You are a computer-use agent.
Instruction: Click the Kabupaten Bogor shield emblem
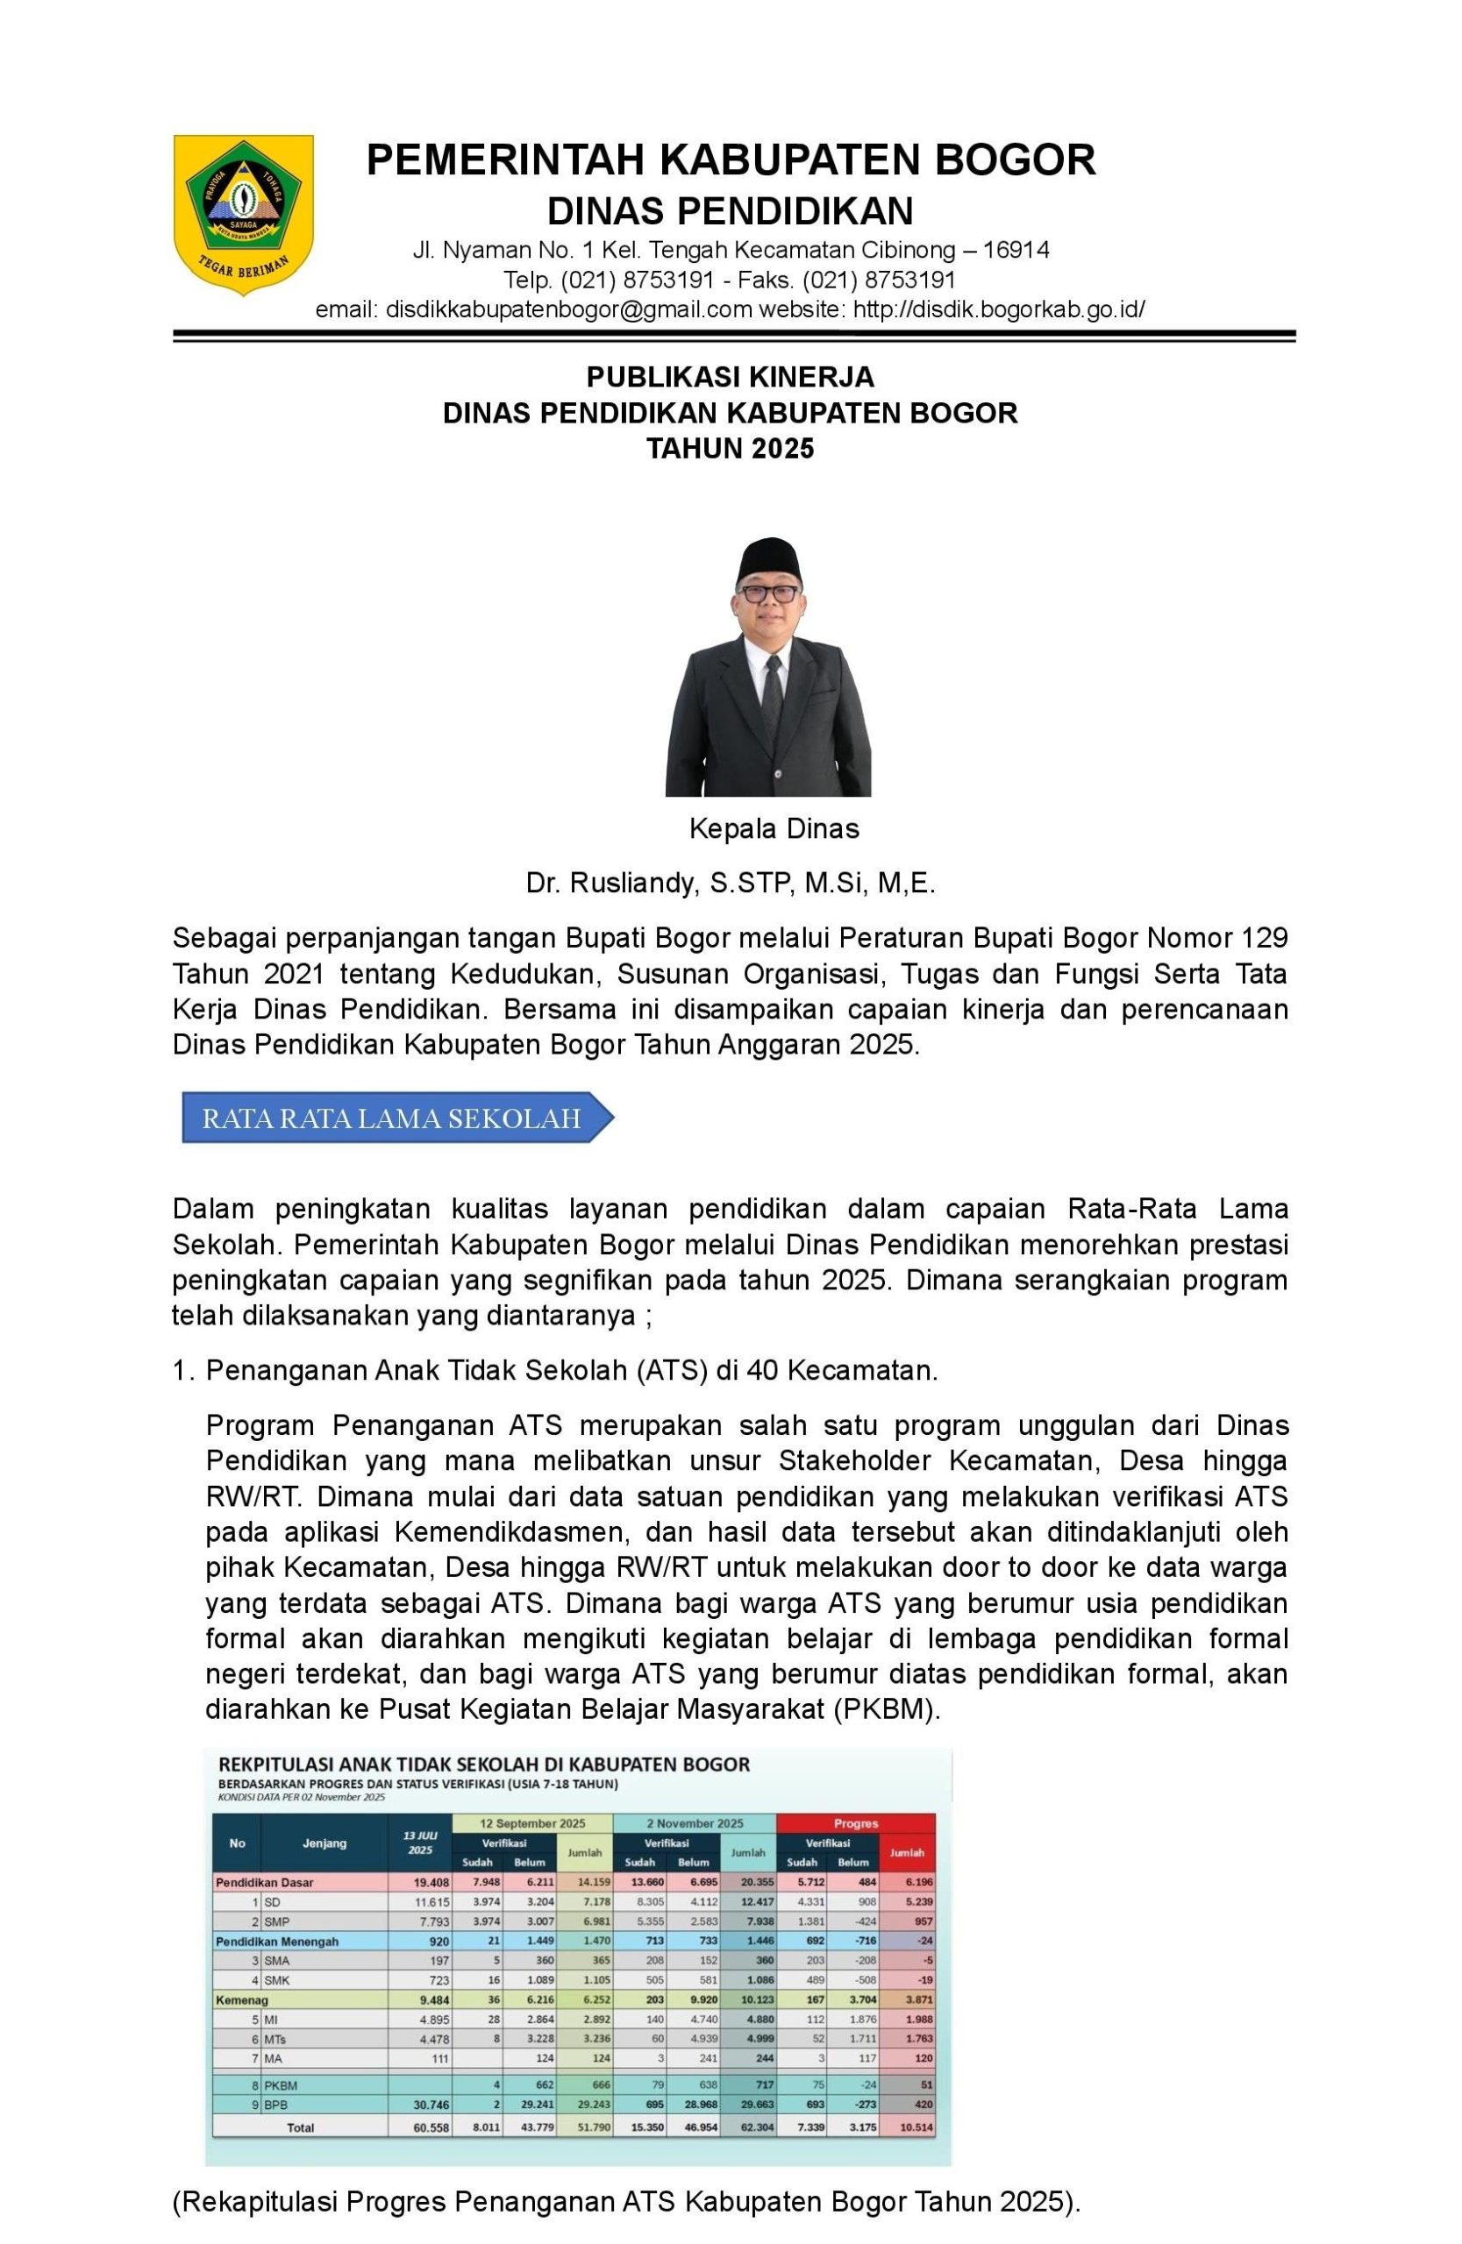[x=242, y=213]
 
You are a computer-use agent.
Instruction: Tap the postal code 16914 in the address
[x=1015, y=250]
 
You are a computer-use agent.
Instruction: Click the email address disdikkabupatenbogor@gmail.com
[x=569, y=310]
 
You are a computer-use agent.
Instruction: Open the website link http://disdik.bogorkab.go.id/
[x=998, y=310]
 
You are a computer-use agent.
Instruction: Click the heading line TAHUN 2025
[x=729, y=449]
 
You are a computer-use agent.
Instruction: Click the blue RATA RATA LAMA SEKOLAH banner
[x=392, y=1118]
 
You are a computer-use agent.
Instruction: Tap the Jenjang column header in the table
[x=324, y=1843]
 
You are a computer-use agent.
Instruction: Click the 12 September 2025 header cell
[x=533, y=1822]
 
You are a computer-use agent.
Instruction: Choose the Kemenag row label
[x=242, y=1999]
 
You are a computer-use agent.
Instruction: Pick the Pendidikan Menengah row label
[x=277, y=1942]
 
